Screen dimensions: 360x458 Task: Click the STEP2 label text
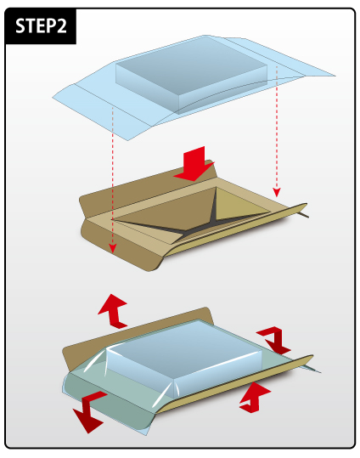[x=41, y=26]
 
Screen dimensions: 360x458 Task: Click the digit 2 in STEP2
[x=60, y=26]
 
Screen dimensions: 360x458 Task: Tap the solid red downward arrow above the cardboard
[x=194, y=164]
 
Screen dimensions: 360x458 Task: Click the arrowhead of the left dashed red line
[x=112, y=249]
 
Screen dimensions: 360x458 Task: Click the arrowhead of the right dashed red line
[x=277, y=193]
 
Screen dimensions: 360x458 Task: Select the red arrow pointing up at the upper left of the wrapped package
[x=113, y=311]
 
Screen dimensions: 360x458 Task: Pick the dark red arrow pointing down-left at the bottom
[x=89, y=412]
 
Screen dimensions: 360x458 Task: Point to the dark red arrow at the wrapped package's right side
[x=274, y=340]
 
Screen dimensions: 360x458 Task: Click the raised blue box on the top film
[x=191, y=75]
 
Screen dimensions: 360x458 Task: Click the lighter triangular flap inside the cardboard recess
[x=239, y=205]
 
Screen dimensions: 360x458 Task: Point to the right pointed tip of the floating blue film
[x=335, y=76]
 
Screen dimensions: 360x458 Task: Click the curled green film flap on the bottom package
[x=105, y=403]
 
